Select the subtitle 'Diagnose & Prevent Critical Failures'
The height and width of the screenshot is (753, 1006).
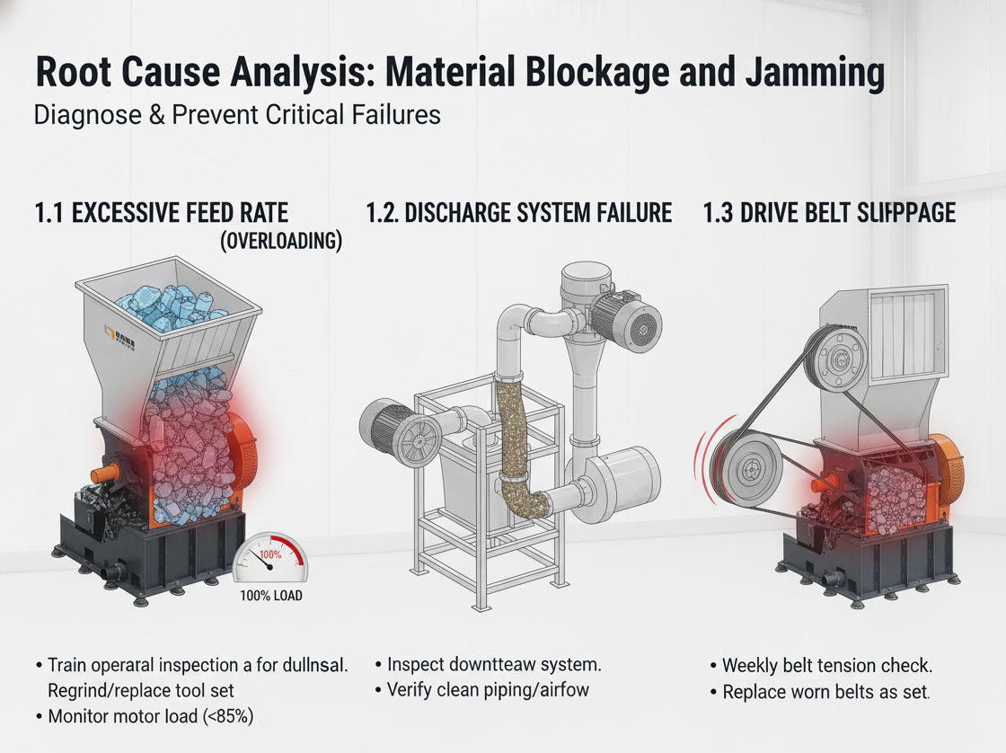click(x=237, y=116)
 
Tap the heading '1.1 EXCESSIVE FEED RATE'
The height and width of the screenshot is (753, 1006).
click(x=162, y=213)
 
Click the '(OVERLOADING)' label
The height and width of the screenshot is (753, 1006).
click(x=281, y=242)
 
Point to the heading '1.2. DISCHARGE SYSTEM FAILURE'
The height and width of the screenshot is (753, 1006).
click(x=519, y=213)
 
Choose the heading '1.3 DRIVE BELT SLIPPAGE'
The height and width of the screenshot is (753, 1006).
click(x=830, y=213)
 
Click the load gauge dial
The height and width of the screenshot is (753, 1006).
click(x=270, y=562)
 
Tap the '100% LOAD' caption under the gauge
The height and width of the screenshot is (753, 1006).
click(x=270, y=595)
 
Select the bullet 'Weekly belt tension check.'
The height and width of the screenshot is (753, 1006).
click(x=827, y=666)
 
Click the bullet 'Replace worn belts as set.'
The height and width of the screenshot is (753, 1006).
click(x=825, y=692)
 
